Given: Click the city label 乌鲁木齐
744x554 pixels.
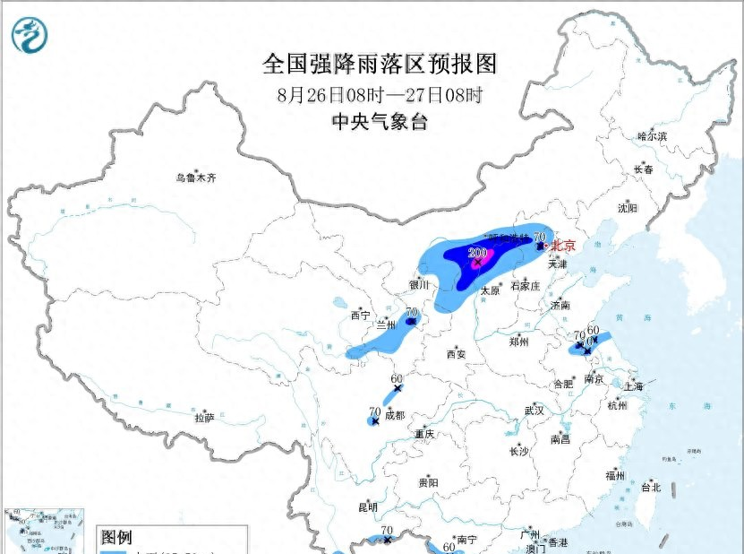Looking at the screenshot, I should (196, 177).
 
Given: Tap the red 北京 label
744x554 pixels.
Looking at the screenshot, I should (563, 245).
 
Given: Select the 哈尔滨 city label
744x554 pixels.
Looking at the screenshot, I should (652, 136).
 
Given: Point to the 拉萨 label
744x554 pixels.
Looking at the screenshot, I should (205, 417).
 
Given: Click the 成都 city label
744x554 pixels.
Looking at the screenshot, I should (394, 415).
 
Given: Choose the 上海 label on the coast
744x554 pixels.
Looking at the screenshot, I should (633, 387).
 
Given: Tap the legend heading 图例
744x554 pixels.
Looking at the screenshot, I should (116, 537).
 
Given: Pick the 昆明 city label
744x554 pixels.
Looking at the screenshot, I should (368, 506).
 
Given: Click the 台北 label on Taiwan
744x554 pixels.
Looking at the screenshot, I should (650, 488).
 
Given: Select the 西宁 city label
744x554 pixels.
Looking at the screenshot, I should (360, 315).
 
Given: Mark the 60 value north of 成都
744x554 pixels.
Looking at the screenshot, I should (397, 379).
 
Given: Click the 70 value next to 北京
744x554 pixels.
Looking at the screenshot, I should (539, 238).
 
